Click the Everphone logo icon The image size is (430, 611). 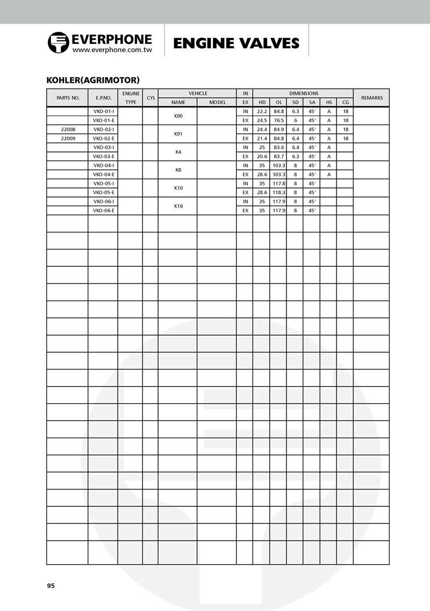[x=59, y=42]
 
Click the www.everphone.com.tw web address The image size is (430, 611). [x=112, y=49]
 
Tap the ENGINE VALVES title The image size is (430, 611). [x=236, y=43]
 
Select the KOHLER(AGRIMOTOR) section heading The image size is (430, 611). [x=93, y=80]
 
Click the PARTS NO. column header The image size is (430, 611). [x=68, y=98]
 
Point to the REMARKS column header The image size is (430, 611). [x=371, y=98]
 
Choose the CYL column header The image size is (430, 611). [x=150, y=98]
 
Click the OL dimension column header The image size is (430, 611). [x=278, y=102]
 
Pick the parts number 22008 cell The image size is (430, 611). [x=68, y=129]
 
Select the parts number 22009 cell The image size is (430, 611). [x=68, y=139]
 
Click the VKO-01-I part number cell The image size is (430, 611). [x=104, y=111]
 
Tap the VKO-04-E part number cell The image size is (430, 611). [x=104, y=174]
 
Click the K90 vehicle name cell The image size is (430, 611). [x=178, y=116]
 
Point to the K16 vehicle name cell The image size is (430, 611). [x=178, y=206]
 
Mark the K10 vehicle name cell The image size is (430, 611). [x=178, y=188]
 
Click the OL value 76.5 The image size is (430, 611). [x=278, y=120]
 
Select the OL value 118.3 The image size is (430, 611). [x=278, y=192]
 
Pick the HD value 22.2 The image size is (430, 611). [x=262, y=111]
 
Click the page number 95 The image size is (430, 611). [x=51, y=586]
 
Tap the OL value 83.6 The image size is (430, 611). [x=278, y=147]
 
